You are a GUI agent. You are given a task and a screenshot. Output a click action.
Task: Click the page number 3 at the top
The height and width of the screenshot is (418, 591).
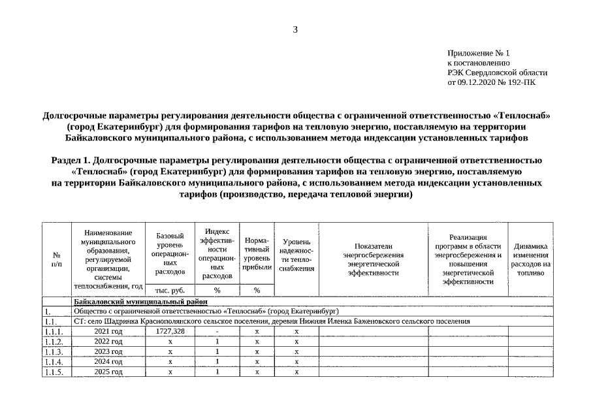pyautogui.click(x=295, y=29)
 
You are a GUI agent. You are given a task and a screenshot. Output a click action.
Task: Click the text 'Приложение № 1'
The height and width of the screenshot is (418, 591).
pyautogui.click(x=478, y=52)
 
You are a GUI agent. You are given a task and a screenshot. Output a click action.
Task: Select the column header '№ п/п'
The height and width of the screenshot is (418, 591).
pyautogui.click(x=57, y=259)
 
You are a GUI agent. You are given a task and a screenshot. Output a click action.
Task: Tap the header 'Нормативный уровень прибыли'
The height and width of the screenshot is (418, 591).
pyautogui.click(x=257, y=253)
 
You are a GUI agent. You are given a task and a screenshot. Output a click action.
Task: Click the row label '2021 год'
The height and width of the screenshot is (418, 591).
pyautogui.click(x=108, y=332)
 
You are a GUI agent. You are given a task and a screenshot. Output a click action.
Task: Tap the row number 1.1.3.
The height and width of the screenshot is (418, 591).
pyautogui.click(x=56, y=351)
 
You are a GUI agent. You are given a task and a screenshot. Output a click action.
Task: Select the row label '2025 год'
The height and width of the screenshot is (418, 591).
pyautogui.click(x=108, y=372)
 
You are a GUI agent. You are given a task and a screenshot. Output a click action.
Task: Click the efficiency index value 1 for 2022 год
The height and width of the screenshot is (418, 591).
pyautogui.click(x=217, y=342)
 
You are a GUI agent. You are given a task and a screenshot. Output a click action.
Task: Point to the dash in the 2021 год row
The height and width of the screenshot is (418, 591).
pyautogui.click(x=217, y=332)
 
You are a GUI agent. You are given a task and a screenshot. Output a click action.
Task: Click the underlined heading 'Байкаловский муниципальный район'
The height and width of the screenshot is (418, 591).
pyautogui.click(x=140, y=302)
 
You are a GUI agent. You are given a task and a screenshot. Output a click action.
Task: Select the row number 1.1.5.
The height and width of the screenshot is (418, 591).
pyautogui.click(x=56, y=372)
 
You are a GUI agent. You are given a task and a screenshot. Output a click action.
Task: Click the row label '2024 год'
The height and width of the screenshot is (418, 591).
pyautogui.click(x=108, y=361)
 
